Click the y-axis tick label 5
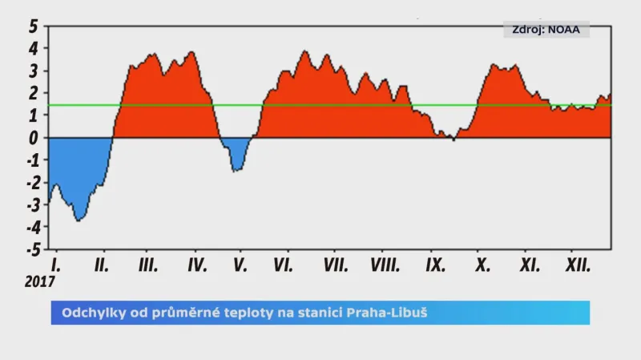coord(33,26)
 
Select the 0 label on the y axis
coord(34,138)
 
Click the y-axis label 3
coord(34,71)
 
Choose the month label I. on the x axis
coord(55,265)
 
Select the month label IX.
coord(436,265)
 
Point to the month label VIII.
coord(385,265)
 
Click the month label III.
coord(147,265)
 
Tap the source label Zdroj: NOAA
coord(546,30)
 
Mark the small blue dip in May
coord(236,152)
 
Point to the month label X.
coord(482,265)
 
